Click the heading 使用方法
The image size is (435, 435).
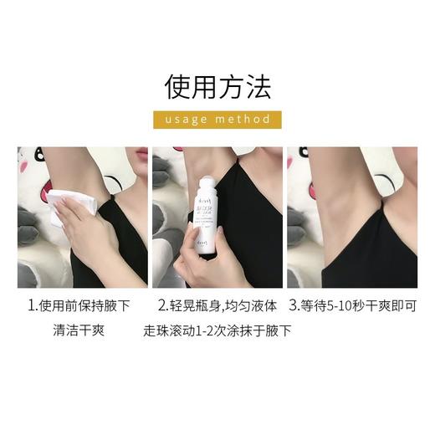(217, 86)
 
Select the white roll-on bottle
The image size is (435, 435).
(205, 205)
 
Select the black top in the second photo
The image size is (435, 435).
(251, 234)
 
